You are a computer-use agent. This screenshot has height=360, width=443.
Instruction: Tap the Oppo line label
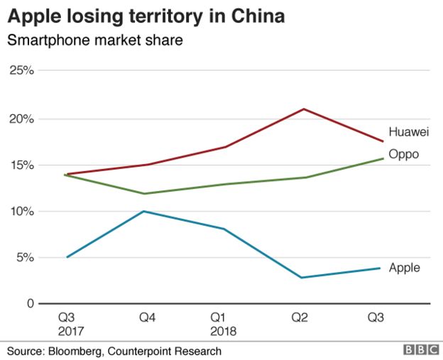[x=403, y=154]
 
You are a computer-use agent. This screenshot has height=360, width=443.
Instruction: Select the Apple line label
[x=404, y=268]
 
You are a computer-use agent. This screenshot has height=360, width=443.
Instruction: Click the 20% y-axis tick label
[x=22, y=118]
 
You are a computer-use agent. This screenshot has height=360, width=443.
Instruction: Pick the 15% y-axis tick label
[x=22, y=165]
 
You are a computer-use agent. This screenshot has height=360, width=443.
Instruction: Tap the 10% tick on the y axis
[x=22, y=211]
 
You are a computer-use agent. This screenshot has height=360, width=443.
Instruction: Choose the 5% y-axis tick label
[x=25, y=258]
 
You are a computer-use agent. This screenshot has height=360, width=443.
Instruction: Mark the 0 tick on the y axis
[x=30, y=304]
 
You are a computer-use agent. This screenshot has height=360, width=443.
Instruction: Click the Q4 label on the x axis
[x=147, y=318]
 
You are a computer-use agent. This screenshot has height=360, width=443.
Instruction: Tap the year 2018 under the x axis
[x=224, y=331]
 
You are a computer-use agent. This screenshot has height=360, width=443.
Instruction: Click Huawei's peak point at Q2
[x=304, y=109]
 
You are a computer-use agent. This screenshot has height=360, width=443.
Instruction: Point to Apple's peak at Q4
[x=145, y=211]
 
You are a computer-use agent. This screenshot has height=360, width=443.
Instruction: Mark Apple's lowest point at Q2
[x=302, y=278]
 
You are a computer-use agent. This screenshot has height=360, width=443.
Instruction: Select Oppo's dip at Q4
[x=146, y=194]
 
